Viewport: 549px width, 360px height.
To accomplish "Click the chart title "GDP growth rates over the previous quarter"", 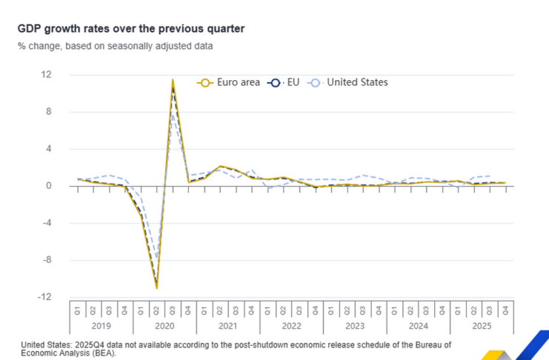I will click(131, 28).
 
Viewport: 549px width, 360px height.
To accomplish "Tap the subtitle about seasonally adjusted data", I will click(116, 46).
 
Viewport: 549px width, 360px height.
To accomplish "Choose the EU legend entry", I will click(285, 82).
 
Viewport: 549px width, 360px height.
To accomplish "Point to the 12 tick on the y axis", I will click(47, 75).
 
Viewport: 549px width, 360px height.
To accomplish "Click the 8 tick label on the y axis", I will click(49, 112).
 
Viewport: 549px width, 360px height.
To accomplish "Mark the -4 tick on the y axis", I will click(47, 223).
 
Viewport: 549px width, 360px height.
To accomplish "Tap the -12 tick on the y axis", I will click(45, 297).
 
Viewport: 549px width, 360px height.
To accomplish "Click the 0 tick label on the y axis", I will click(49, 186).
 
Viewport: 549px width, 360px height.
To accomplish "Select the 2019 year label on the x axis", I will click(102, 324).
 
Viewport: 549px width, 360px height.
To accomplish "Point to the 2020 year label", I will click(165, 324).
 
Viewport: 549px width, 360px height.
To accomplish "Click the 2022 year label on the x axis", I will click(292, 324).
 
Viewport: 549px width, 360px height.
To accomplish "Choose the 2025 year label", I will click(482, 324).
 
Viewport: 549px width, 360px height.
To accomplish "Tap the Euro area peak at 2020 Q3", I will click(173, 80).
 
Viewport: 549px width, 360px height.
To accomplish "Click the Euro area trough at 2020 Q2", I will click(157, 287).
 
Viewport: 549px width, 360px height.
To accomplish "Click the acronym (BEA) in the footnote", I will click(104, 353).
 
